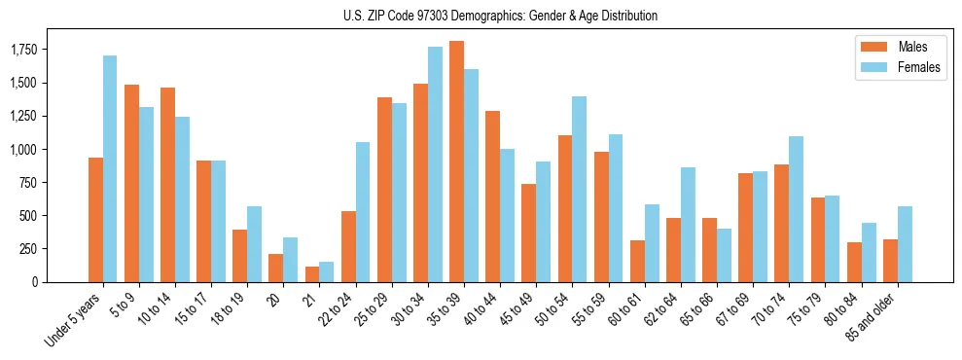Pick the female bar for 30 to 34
pos(435,164)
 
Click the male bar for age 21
pos(312,274)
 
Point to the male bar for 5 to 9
pos(131,183)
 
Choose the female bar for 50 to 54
pos(580,189)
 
